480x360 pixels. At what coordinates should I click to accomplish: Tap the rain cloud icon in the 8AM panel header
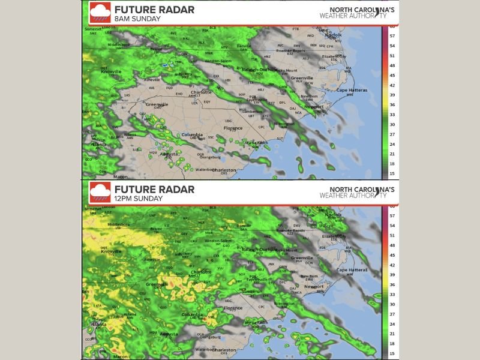(x=100, y=11)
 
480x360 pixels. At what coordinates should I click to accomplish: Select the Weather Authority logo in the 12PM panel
(x=356, y=191)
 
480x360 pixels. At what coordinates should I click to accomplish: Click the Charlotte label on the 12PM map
(x=200, y=272)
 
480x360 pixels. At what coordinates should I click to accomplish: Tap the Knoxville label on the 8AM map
(x=111, y=71)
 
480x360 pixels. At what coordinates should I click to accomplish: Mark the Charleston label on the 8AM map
(x=224, y=170)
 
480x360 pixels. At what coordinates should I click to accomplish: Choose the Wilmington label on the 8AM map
(x=283, y=124)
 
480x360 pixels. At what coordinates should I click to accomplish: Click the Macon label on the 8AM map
(x=103, y=177)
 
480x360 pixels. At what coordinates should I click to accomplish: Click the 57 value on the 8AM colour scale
(x=392, y=35)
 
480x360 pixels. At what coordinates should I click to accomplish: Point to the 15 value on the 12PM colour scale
(x=392, y=354)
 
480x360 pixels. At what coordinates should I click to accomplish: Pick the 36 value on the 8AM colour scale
(x=392, y=105)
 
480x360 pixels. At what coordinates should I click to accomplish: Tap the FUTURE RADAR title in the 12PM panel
(x=154, y=190)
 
